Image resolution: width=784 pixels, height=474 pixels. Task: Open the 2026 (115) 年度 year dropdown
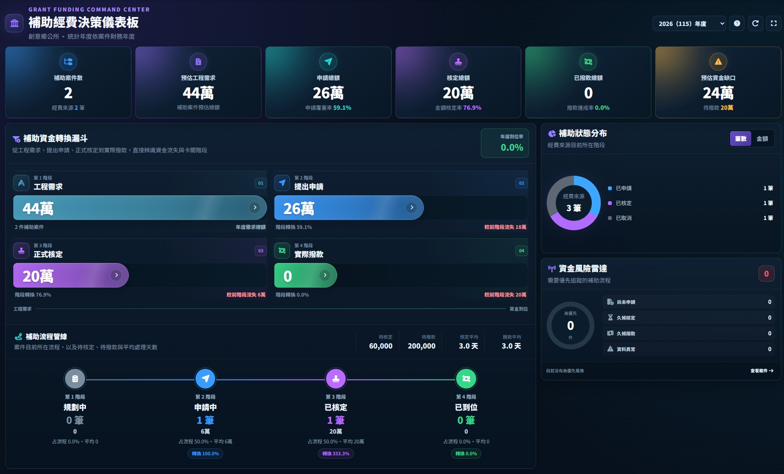pos(689,24)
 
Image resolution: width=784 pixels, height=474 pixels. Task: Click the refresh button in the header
pos(755,24)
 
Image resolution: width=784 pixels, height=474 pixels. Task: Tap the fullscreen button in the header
pos(774,24)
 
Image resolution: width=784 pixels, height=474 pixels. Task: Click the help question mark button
pos(737,24)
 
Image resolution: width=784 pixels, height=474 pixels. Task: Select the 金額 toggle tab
pos(762,139)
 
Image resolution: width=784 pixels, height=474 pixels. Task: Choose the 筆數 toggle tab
pos(741,139)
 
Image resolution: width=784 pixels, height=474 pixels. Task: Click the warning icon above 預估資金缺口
pos(718,62)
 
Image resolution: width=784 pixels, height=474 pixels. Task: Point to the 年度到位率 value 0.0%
pos(512,148)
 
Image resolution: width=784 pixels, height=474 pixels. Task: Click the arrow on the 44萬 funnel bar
pos(255,208)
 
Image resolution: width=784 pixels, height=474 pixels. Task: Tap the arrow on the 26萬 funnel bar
pos(411,208)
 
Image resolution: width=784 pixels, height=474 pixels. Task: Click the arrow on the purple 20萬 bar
pos(116,275)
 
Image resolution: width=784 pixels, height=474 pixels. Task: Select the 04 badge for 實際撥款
pos(521,251)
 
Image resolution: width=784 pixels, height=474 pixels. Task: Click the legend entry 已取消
pos(624,218)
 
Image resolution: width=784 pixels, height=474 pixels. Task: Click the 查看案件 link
pos(762,371)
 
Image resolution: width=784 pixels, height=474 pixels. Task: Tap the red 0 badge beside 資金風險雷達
pos(766,274)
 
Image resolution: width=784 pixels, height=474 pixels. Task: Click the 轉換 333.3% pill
pos(335,454)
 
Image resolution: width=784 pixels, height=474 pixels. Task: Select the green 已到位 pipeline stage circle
pos(466,379)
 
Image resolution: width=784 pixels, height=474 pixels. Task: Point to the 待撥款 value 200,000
pos(421,346)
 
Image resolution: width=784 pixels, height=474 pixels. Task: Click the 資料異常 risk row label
pos(626,349)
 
